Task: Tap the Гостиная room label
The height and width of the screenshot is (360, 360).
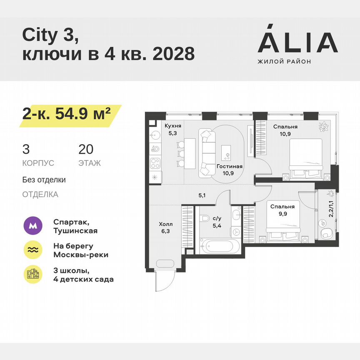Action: pos(229,166)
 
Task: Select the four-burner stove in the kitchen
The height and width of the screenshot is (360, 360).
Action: pos(155,162)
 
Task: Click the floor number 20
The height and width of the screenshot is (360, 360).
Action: pos(86,149)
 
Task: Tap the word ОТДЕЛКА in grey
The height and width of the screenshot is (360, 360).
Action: pos(40,195)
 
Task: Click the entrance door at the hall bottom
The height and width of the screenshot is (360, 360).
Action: pos(166,278)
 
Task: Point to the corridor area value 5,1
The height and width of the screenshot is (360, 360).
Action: pos(202,194)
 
